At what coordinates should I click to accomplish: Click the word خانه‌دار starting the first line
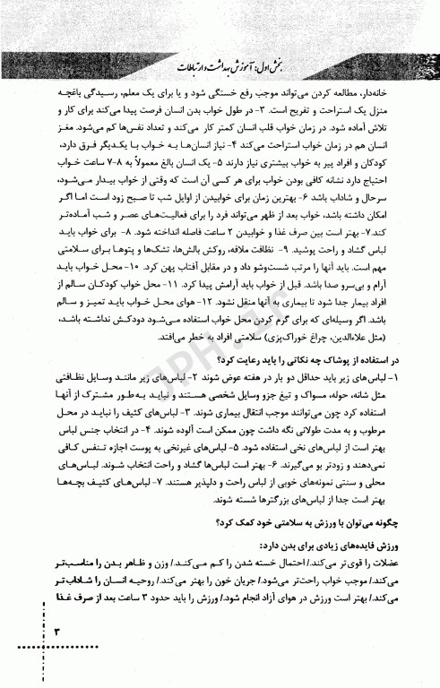(x=392, y=92)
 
